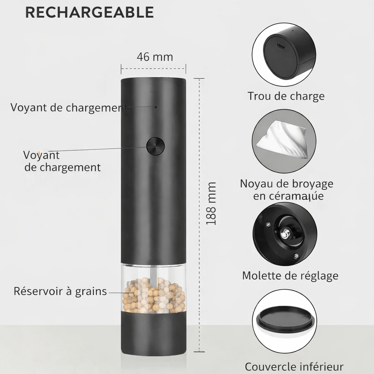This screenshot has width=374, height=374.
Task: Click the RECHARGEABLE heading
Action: coord(89,12)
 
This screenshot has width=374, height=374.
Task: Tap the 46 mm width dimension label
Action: coord(155,57)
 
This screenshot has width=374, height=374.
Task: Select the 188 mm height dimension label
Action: coord(211,203)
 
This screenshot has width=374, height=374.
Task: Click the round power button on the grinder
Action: coord(156,146)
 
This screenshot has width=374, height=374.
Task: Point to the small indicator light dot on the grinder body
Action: coord(156,107)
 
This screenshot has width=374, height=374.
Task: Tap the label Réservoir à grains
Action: coord(60,291)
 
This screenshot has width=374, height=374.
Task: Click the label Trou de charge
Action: coord(286,96)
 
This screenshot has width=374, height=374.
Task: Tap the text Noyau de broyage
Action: coord(286,184)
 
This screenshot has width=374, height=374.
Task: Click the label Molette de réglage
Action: coord(290,276)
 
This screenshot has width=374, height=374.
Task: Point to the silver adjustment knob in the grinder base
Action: coord(285,233)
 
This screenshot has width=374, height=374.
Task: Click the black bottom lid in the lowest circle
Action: coord(285,320)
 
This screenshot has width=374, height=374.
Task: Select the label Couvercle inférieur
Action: coord(294,367)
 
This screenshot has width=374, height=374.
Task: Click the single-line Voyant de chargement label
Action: coord(69,108)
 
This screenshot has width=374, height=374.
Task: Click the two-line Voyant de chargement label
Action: coord(62,161)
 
